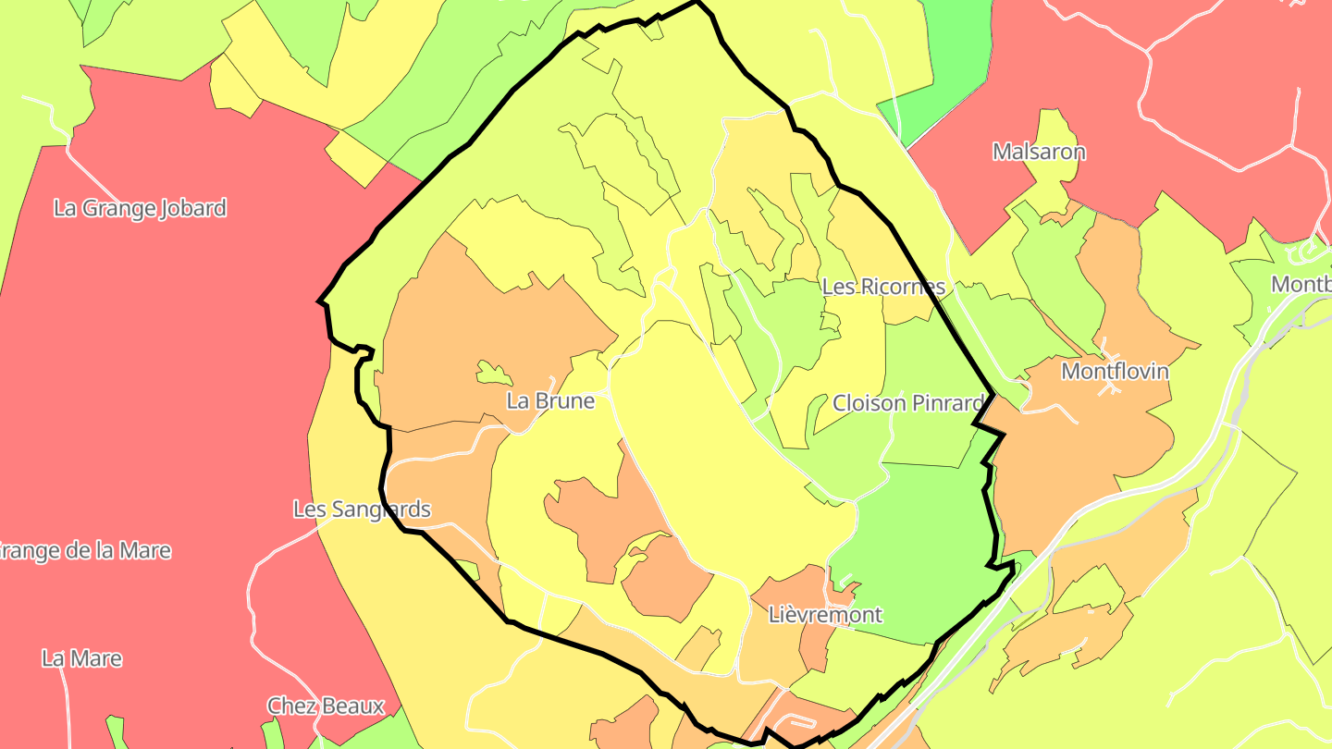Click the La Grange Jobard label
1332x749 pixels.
pyautogui.click(x=140, y=208)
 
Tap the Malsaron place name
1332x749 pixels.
pyautogui.click(x=1039, y=152)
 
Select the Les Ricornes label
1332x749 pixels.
pyautogui.click(x=883, y=287)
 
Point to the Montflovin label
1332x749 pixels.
pyautogui.click(x=1115, y=372)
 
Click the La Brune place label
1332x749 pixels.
pyautogui.click(x=550, y=401)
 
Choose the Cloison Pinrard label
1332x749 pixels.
pyautogui.click(x=907, y=403)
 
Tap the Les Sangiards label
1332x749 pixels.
pyautogui.click(x=362, y=510)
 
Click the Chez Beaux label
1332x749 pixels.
pyautogui.click(x=326, y=706)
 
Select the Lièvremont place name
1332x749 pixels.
pyautogui.click(x=826, y=615)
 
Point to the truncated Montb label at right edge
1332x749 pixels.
pyautogui.click(x=1301, y=284)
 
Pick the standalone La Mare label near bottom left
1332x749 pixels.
pyautogui.click(x=81, y=659)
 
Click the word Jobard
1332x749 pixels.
pyautogui.click(x=193, y=208)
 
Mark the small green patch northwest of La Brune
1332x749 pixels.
pyautogui.click(x=493, y=373)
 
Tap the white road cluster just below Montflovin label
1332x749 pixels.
pyautogui.click(x=1108, y=387)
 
